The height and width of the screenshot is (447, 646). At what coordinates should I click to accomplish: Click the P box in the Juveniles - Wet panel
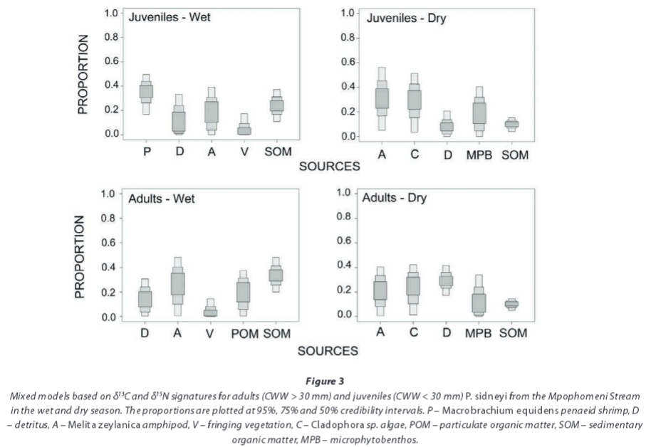pos(146,92)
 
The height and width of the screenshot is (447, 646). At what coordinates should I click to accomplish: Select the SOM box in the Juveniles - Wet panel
pos(277,105)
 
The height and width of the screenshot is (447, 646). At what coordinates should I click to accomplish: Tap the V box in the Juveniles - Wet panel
pos(244,129)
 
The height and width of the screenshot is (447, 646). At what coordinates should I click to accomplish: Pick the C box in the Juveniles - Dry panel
pos(415,99)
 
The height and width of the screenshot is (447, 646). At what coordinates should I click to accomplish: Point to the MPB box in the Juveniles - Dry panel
pos(479,113)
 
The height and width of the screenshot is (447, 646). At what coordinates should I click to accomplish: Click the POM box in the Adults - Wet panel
pos(244,292)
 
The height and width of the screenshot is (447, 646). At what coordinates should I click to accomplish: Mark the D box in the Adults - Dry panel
pos(446,280)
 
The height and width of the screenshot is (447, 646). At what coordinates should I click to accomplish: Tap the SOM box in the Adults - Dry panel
pos(511,304)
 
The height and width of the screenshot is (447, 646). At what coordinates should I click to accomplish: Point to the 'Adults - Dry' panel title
pos(395,198)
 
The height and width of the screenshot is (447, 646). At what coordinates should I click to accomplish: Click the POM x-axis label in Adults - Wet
pos(244,332)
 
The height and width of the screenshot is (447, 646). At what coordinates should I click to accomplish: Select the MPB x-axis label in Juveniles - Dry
pos(479,154)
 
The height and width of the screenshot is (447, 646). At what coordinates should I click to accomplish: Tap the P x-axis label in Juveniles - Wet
pos(146,152)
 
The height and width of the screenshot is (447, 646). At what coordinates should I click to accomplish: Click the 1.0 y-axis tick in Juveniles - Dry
pos(348,13)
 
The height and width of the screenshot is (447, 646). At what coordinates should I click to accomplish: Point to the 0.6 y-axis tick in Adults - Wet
pos(108,243)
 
